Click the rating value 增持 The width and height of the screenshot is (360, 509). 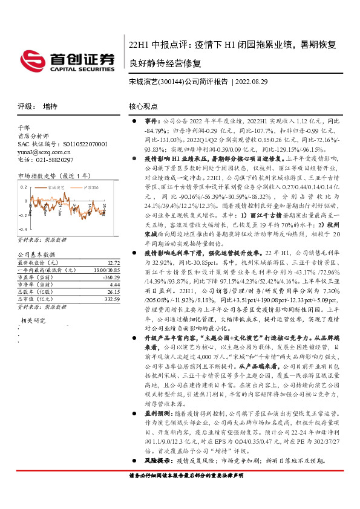pyautogui.click(x=50, y=106)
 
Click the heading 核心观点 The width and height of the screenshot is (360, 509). pyautogui.click(x=143, y=106)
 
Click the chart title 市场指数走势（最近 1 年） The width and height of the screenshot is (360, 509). pyautogui.click(x=54, y=176)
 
